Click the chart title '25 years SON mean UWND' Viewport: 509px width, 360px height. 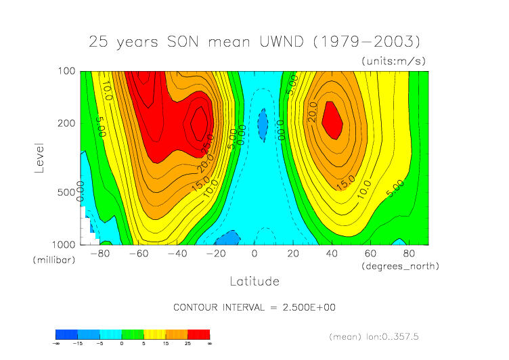254,41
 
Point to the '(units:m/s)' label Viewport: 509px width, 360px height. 393,61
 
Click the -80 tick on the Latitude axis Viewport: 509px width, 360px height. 100,254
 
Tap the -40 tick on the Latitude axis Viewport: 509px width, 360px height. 177,254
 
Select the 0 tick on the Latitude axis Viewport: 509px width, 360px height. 255,254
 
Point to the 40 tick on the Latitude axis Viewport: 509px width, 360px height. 332,254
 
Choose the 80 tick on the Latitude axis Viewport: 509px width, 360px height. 409,254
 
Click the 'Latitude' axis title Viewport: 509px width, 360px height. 254,280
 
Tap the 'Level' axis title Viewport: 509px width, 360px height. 39,157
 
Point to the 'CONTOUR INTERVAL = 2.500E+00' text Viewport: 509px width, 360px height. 255,307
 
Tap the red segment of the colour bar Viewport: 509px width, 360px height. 199,334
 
